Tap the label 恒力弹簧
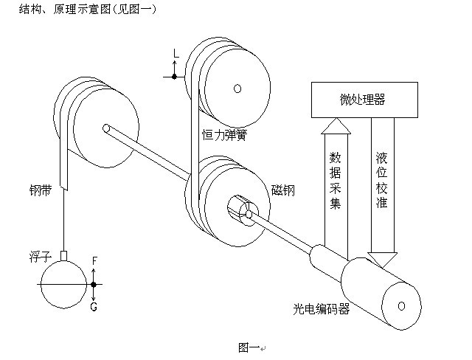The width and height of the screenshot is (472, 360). tap(226, 135)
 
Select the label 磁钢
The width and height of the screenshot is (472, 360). tap(282, 190)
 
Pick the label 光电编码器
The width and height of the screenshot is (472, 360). tap(321, 308)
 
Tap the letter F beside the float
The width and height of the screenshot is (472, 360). tap(94, 260)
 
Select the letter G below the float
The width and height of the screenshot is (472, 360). tap(94, 306)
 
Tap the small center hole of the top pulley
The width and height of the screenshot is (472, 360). tap(237, 89)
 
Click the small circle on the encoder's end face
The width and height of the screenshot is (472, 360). tap(402, 305)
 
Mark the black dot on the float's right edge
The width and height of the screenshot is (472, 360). tap(94, 284)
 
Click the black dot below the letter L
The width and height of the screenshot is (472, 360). tap(175, 76)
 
